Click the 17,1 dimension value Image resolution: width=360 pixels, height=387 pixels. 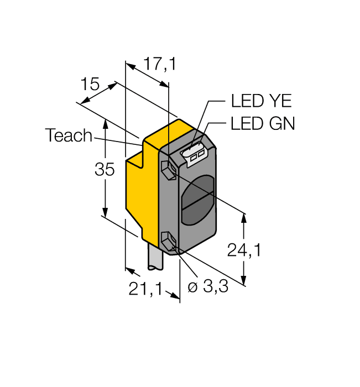pyautogui.click(x=159, y=65)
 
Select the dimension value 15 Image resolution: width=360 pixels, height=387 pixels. pyautogui.click(x=90, y=85)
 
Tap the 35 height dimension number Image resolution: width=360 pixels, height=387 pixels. pyautogui.click(x=104, y=170)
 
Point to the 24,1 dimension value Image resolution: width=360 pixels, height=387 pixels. pyautogui.click(x=244, y=250)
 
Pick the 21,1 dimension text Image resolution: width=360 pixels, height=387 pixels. pyautogui.click(x=145, y=289)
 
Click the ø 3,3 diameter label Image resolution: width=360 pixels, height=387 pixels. pyautogui.click(x=208, y=288)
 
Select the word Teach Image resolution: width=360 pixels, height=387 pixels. pyautogui.click(x=69, y=136)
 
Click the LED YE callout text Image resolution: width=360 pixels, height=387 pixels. pyautogui.click(x=261, y=101)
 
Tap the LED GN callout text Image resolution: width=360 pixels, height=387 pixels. pyautogui.click(x=263, y=124)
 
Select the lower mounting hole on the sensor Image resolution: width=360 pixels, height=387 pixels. pyautogui.click(x=168, y=242)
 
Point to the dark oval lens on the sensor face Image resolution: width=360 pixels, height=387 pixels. pyautogui.click(x=199, y=200)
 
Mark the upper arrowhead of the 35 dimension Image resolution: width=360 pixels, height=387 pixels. pyautogui.click(x=105, y=122)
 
